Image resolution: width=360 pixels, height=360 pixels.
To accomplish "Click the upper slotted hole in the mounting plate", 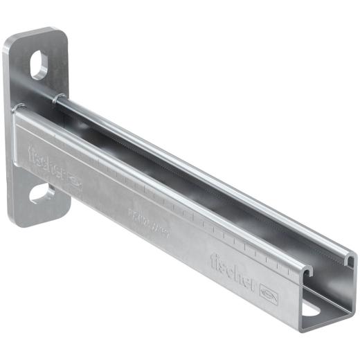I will pos(39,66).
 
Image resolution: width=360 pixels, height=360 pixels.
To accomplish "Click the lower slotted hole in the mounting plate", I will pos(41,192).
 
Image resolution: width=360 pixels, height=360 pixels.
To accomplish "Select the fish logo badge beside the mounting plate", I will pos(75,182).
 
